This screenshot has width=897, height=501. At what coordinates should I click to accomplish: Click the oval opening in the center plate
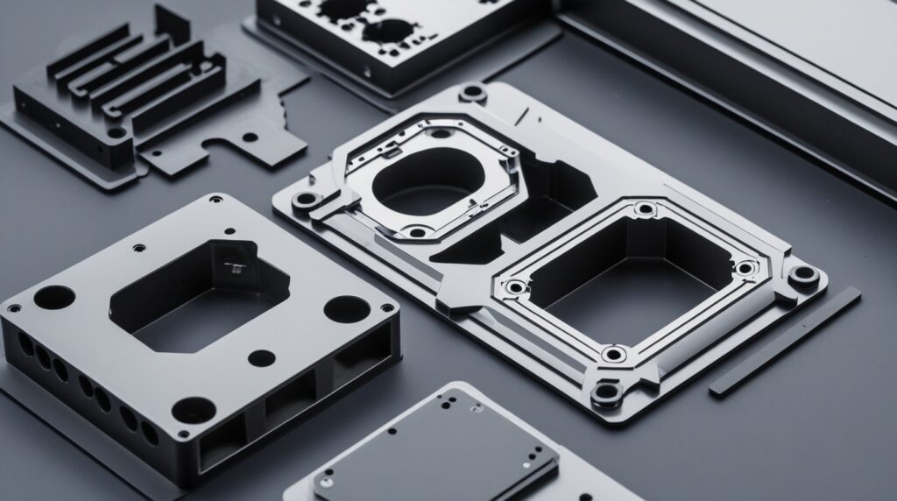pyautogui.click(x=427, y=180)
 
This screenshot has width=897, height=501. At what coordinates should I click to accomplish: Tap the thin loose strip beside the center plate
pyautogui.click(x=784, y=342)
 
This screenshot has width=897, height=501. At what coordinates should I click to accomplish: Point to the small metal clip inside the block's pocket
pyautogui.click(x=234, y=265)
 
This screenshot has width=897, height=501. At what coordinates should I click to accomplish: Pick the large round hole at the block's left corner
pyautogui.click(x=54, y=297)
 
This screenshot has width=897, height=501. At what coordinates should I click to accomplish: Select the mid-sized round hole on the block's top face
pyautogui.click(x=261, y=357)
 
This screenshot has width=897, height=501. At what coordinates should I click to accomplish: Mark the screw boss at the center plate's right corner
pyautogui.click(x=803, y=275)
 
